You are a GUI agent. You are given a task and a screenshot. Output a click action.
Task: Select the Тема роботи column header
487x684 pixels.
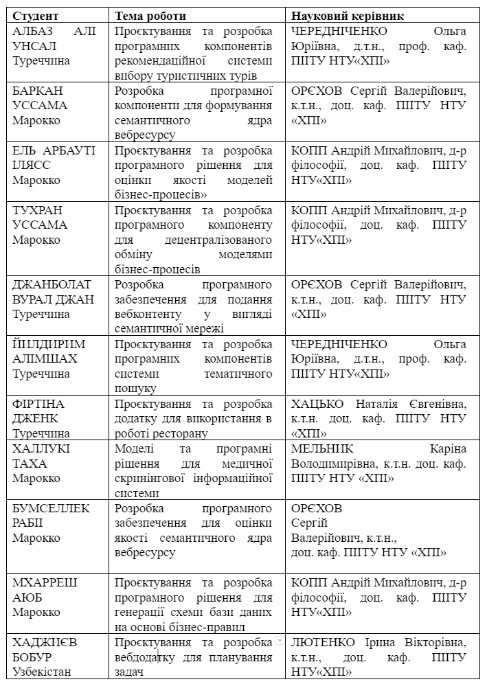click(x=150, y=15)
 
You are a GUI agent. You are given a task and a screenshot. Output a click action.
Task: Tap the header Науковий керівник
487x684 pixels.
click(x=347, y=15)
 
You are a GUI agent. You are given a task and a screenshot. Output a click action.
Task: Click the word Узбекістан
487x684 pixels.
click(x=42, y=672)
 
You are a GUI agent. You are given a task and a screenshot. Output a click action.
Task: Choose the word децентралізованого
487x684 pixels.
click(x=219, y=240)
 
